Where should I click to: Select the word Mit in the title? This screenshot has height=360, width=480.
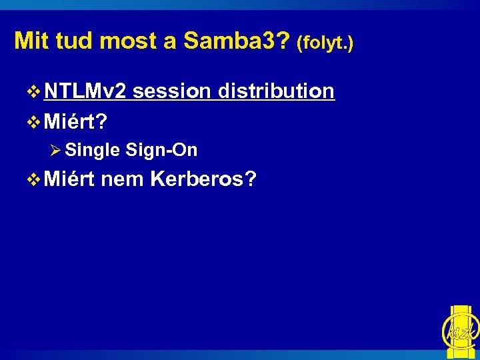[x=31, y=41]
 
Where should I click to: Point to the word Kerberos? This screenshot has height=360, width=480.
[x=203, y=179]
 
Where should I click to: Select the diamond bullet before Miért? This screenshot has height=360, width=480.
[x=35, y=122]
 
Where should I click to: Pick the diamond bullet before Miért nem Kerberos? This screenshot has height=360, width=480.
[x=35, y=179]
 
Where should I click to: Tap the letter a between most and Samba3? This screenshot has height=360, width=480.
[x=169, y=43]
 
